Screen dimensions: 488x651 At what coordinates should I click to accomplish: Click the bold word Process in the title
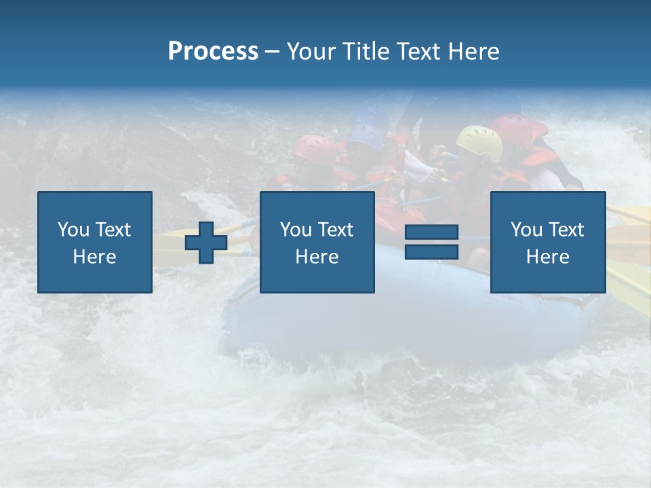pyautogui.click(x=213, y=52)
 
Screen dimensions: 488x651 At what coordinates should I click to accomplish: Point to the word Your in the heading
pyautogui.click(x=311, y=52)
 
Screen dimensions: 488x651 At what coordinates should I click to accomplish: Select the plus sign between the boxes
pyautogui.click(x=206, y=243)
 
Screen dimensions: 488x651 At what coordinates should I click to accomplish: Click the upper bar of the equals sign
pyautogui.click(x=431, y=233)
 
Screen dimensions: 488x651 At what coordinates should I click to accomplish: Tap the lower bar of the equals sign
pyautogui.click(x=431, y=251)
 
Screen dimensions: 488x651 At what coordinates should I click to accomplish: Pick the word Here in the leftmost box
pyautogui.click(x=94, y=257)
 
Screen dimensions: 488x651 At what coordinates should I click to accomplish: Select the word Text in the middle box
pyautogui.click(x=335, y=230)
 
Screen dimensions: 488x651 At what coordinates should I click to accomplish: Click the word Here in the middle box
pyautogui.click(x=317, y=257)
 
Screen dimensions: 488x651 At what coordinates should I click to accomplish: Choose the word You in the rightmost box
pyautogui.click(x=526, y=230)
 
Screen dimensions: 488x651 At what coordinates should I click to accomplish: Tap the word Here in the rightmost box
pyautogui.click(x=547, y=257)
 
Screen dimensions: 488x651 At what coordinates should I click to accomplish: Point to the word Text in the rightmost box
pyautogui.click(x=566, y=230)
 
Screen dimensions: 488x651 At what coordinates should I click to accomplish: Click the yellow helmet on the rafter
pyautogui.click(x=479, y=141)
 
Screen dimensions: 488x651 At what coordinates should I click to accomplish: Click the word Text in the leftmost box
pyautogui.click(x=113, y=230)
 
